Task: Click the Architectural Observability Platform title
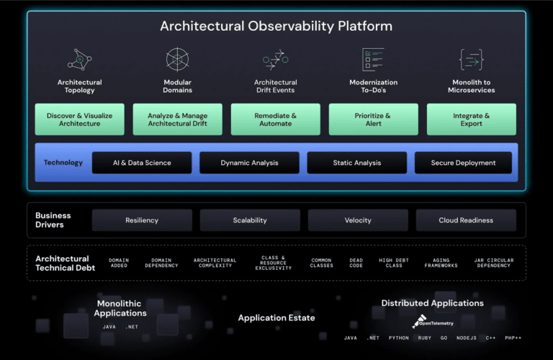tap(276, 26)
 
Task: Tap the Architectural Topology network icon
tap(80, 59)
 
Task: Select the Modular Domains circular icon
tap(177, 59)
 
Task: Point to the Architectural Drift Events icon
tap(276, 59)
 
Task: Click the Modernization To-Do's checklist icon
tap(373, 59)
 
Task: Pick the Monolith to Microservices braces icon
tap(472, 59)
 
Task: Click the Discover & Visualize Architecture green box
tap(80, 120)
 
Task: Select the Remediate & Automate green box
tap(276, 120)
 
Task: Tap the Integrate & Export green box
tap(472, 120)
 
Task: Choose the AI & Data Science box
tap(142, 163)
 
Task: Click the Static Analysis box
tap(357, 163)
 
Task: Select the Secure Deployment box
tap(463, 163)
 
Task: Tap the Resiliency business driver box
tap(142, 220)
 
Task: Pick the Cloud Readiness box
tap(466, 220)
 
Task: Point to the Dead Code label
tap(356, 263)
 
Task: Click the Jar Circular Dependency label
tap(494, 263)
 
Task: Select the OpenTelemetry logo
tap(432, 322)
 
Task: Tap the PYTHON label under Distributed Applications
tap(398, 338)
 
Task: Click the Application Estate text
tap(276, 318)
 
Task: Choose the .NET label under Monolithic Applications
tap(132, 327)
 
